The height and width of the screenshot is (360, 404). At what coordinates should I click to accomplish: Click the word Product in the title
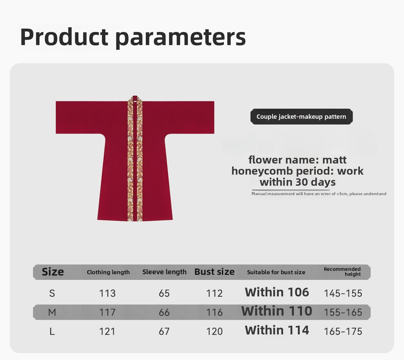(64, 37)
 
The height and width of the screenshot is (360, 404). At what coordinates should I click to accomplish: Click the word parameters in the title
(181, 38)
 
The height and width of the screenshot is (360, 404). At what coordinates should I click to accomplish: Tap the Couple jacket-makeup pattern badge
(302, 117)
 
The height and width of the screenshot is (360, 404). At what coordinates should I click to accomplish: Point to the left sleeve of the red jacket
(80, 117)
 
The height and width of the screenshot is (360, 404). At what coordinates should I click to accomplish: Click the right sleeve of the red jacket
(190, 117)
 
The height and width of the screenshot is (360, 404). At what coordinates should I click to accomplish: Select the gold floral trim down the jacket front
(135, 158)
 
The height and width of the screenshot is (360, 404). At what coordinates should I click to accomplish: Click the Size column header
(53, 272)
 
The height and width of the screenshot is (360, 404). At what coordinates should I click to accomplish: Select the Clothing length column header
(108, 272)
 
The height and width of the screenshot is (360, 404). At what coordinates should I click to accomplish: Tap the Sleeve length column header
(164, 272)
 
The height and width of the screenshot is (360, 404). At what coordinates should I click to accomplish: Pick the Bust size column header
(214, 272)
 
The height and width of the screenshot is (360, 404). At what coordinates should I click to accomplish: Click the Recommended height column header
(342, 272)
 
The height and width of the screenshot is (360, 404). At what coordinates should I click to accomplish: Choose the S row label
(52, 293)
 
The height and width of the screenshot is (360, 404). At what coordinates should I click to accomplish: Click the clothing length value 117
(107, 312)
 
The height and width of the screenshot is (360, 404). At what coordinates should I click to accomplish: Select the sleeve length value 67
(164, 331)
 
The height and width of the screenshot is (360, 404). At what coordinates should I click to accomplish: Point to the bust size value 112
(214, 293)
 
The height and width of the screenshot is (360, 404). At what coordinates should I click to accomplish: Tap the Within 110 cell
(277, 311)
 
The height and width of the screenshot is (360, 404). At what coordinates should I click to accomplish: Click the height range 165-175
(343, 331)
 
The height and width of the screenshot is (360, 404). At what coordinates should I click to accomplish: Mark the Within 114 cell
(277, 330)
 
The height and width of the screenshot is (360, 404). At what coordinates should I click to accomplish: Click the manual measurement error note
(319, 194)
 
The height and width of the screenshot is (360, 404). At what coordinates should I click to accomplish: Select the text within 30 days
(298, 182)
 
